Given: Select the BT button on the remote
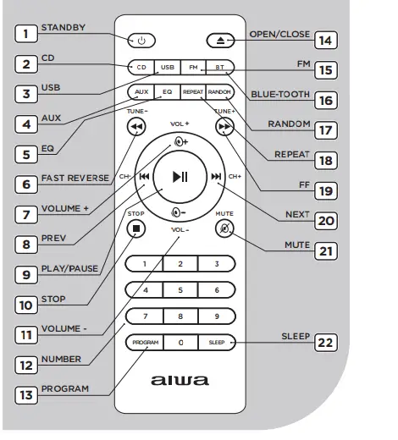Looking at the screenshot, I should point(218,66).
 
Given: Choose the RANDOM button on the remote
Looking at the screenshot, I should point(218,91).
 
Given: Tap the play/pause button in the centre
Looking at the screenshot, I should point(180,176).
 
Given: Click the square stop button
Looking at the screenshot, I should point(136,228).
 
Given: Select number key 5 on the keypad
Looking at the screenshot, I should point(180,290).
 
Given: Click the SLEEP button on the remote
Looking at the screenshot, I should point(216,343).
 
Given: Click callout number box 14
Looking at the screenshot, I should point(325,39).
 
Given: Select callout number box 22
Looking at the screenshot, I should point(325,342).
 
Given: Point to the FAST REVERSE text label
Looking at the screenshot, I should point(75,178).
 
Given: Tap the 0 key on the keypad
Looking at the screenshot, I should point(180,343).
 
